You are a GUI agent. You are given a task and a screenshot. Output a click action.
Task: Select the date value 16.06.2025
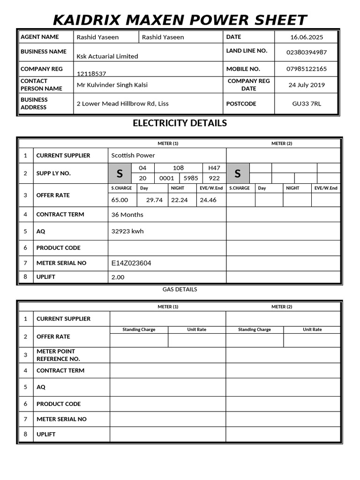point(307,37)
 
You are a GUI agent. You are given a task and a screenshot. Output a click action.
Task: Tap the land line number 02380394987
point(307,52)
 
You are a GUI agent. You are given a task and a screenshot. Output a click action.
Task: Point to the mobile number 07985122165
point(307,69)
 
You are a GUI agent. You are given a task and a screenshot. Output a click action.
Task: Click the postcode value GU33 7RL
point(307,104)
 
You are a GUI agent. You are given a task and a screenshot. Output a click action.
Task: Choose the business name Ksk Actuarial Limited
point(107,56)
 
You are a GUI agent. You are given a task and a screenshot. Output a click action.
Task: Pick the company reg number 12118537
point(91,74)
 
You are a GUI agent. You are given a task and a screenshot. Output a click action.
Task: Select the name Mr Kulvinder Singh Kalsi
point(112,85)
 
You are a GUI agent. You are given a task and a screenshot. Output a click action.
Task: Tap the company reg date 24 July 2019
point(307,85)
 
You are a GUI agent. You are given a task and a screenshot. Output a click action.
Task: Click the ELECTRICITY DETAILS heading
point(180,123)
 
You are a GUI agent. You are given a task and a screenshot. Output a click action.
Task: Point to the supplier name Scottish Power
point(133,155)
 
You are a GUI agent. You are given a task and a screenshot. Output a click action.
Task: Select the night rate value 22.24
point(180,200)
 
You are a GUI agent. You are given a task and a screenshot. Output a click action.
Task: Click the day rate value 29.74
point(154,200)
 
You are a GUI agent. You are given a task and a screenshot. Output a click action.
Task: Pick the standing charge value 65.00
point(120,200)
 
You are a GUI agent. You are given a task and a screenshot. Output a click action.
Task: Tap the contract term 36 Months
point(127,215)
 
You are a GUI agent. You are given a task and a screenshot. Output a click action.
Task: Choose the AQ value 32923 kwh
point(127,231)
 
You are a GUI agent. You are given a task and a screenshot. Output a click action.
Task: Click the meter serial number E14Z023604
point(131,263)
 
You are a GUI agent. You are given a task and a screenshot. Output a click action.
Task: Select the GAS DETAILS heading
point(180,289)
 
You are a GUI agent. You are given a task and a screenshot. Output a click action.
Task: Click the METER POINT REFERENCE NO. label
point(58,355)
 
